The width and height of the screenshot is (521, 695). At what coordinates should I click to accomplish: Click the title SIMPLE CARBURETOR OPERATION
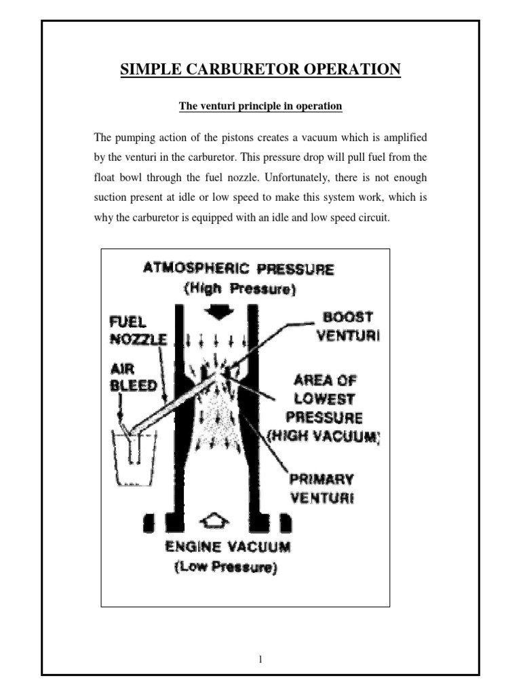click(x=260, y=69)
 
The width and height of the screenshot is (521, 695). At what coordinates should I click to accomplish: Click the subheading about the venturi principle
click(x=260, y=107)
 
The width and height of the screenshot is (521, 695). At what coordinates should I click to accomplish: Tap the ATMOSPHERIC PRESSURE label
click(x=239, y=269)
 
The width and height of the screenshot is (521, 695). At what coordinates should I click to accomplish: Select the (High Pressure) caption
click(x=239, y=289)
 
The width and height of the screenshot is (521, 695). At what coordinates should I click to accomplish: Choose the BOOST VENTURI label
click(x=349, y=326)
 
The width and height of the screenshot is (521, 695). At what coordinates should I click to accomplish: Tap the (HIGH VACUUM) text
click(x=323, y=438)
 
